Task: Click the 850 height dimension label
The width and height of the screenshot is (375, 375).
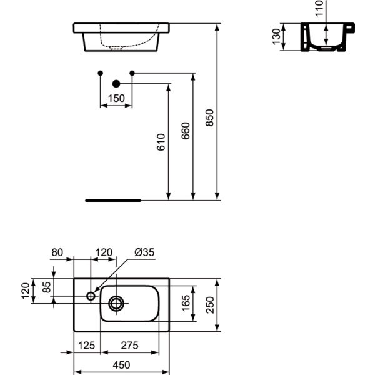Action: pos(210,117)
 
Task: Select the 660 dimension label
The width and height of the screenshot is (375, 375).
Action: pos(186,131)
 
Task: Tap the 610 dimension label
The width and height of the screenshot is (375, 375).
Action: pos(161,142)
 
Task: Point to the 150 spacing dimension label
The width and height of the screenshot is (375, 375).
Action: pos(116,98)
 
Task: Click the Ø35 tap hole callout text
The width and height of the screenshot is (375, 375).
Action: pos(144,252)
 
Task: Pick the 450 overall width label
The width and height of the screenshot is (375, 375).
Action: pos(122,365)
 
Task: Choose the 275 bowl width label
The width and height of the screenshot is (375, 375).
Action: pos(129,346)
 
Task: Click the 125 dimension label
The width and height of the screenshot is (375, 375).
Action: pos(87,346)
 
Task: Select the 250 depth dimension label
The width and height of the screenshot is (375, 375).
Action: pos(210,305)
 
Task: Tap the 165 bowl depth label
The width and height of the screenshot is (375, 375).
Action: pos(186,303)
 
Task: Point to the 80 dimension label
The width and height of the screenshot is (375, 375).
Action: pos(57,252)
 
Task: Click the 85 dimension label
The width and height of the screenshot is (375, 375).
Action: pos(47,287)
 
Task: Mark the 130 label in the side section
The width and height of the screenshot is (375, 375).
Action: pos(276,37)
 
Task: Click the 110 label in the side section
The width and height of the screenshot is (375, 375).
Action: pos(319,8)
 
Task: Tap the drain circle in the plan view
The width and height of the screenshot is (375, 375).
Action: pos(116,304)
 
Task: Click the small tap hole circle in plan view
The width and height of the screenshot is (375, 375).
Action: pos(91,296)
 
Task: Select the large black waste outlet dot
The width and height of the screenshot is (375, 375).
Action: pos(116,84)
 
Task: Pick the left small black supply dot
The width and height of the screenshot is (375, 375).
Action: pos(101,73)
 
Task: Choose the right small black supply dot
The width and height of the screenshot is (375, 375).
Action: pos(132,73)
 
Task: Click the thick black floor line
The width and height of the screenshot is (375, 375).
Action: pos(113,201)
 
